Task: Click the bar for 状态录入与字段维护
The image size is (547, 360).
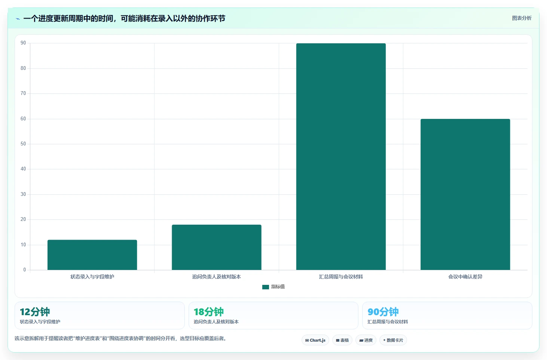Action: pyautogui.click(x=92, y=255)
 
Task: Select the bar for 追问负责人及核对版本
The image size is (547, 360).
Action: pyautogui.click(x=217, y=247)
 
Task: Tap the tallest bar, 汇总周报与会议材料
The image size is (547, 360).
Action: pyautogui.click(x=341, y=156)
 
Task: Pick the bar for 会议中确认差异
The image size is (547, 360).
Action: pyautogui.click(x=465, y=194)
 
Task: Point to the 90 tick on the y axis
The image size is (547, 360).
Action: pyautogui.click(x=23, y=43)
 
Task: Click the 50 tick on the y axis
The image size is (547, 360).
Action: pyautogui.click(x=23, y=144)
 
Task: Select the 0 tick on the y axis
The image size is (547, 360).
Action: pyautogui.click(x=24, y=270)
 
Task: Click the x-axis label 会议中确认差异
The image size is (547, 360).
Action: pyautogui.click(x=465, y=277)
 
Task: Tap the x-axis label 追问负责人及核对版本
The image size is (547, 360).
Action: pyautogui.click(x=217, y=277)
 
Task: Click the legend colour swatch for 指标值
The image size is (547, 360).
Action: pyautogui.click(x=265, y=287)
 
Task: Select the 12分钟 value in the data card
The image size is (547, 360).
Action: pyautogui.click(x=35, y=312)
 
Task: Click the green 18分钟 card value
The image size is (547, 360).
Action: pyautogui.click(x=208, y=312)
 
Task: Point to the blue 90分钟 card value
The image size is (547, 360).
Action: pyautogui.click(x=383, y=312)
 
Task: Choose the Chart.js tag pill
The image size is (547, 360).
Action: pyautogui.click(x=315, y=340)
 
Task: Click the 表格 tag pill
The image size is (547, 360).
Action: pyautogui.click(x=342, y=340)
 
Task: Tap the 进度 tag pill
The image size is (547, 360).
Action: pyautogui.click(x=366, y=340)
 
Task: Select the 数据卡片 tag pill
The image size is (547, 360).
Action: pyautogui.click(x=393, y=340)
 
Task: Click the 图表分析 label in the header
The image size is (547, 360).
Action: pyautogui.click(x=522, y=18)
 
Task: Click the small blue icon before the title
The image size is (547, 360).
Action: pyautogui.click(x=18, y=19)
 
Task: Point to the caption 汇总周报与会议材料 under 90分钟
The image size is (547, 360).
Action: pyautogui.click(x=388, y=321)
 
